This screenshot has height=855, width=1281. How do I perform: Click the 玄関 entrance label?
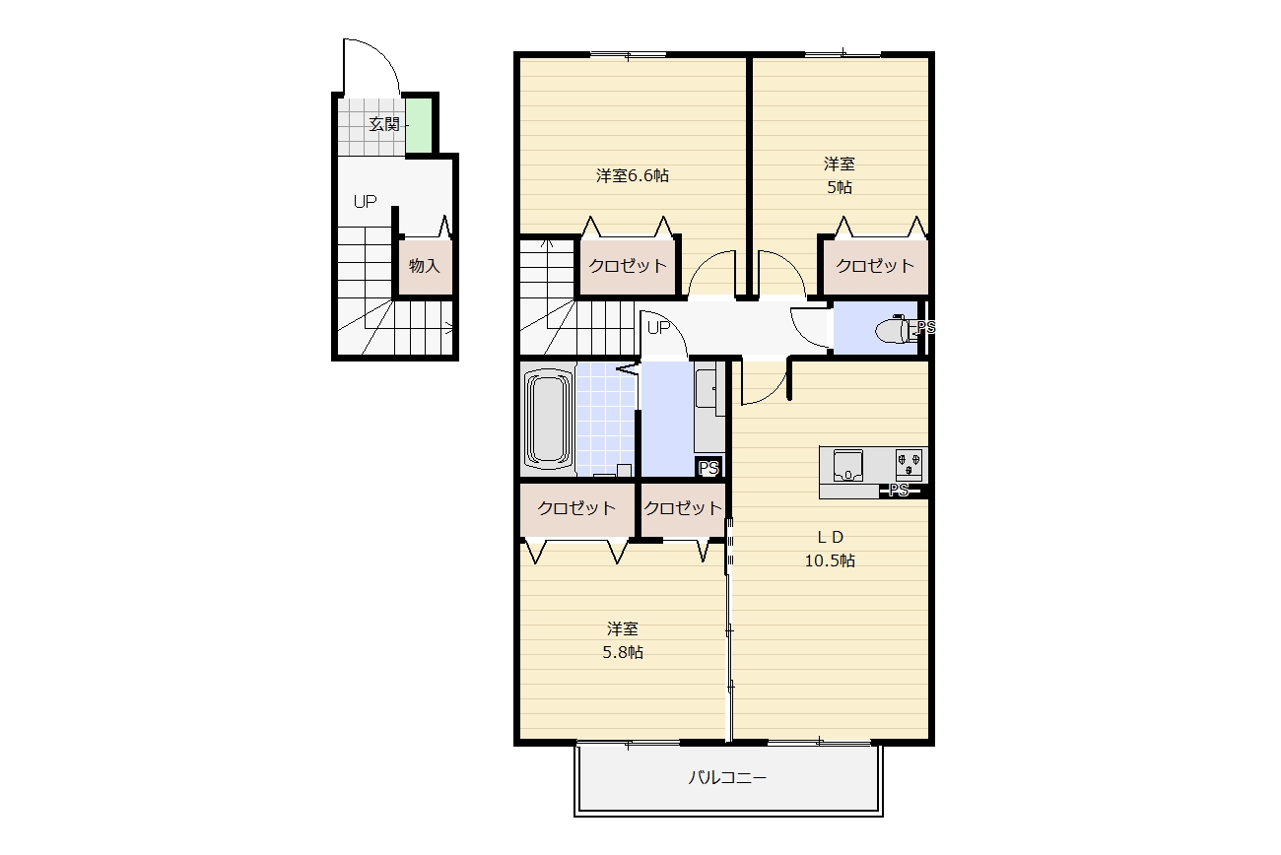point(383,124)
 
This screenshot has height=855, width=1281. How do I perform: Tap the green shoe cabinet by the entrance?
point(419,126)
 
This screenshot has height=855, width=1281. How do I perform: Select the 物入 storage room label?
point(425,266)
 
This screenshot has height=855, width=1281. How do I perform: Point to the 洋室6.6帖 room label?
point(633,175)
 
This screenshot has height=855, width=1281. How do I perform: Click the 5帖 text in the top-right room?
point(840,187)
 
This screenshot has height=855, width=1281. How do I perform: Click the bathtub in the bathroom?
point(548,420)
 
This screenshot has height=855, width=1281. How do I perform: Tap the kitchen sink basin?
point(848,465)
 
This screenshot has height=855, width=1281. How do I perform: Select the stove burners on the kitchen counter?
point(909,464)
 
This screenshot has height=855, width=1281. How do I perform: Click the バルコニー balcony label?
point(727,777)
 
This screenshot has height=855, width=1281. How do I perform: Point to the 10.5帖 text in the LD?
point(830,560)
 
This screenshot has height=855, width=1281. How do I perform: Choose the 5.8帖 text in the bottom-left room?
point(623,652)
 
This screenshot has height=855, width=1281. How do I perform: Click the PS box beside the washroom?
point(708,468)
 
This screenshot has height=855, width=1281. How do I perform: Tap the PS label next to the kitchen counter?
point(899,490)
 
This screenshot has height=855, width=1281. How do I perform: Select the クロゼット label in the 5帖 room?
point(875,266)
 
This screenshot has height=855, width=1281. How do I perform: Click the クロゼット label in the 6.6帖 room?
point(628,266)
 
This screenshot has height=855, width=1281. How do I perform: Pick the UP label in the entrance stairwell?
point(365,201)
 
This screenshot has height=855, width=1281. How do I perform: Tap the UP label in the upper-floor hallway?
point(658,327)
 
